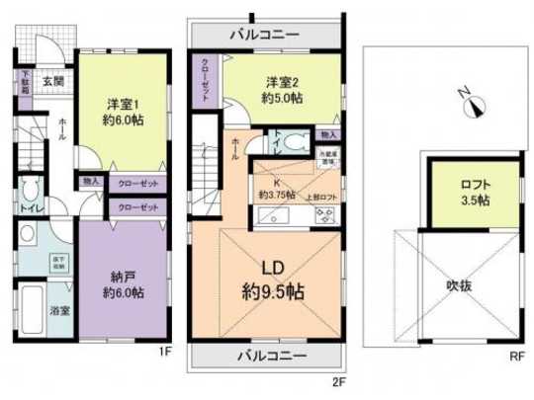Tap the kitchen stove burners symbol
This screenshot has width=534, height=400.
pos(324,214)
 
